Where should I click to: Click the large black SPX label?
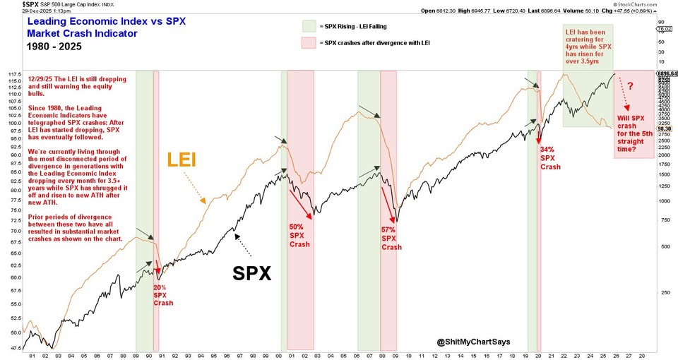click(x=252, y=273)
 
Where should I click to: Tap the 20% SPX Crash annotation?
click(x=162, y=295)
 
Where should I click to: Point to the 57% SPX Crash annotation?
click(x=391, y=239)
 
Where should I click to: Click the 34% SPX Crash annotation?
click(x=550, y=158)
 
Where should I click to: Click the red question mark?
click(x=630, y=86)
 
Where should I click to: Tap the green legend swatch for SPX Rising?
click(x=308, y=25)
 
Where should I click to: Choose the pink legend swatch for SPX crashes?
click(x=308, y=44)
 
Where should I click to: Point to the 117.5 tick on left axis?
click(x=14, y=73)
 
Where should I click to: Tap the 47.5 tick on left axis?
click(x=14, y=349)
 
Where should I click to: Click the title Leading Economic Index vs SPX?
click(x=107, y=21)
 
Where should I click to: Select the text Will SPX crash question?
click(x=633, y=130)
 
